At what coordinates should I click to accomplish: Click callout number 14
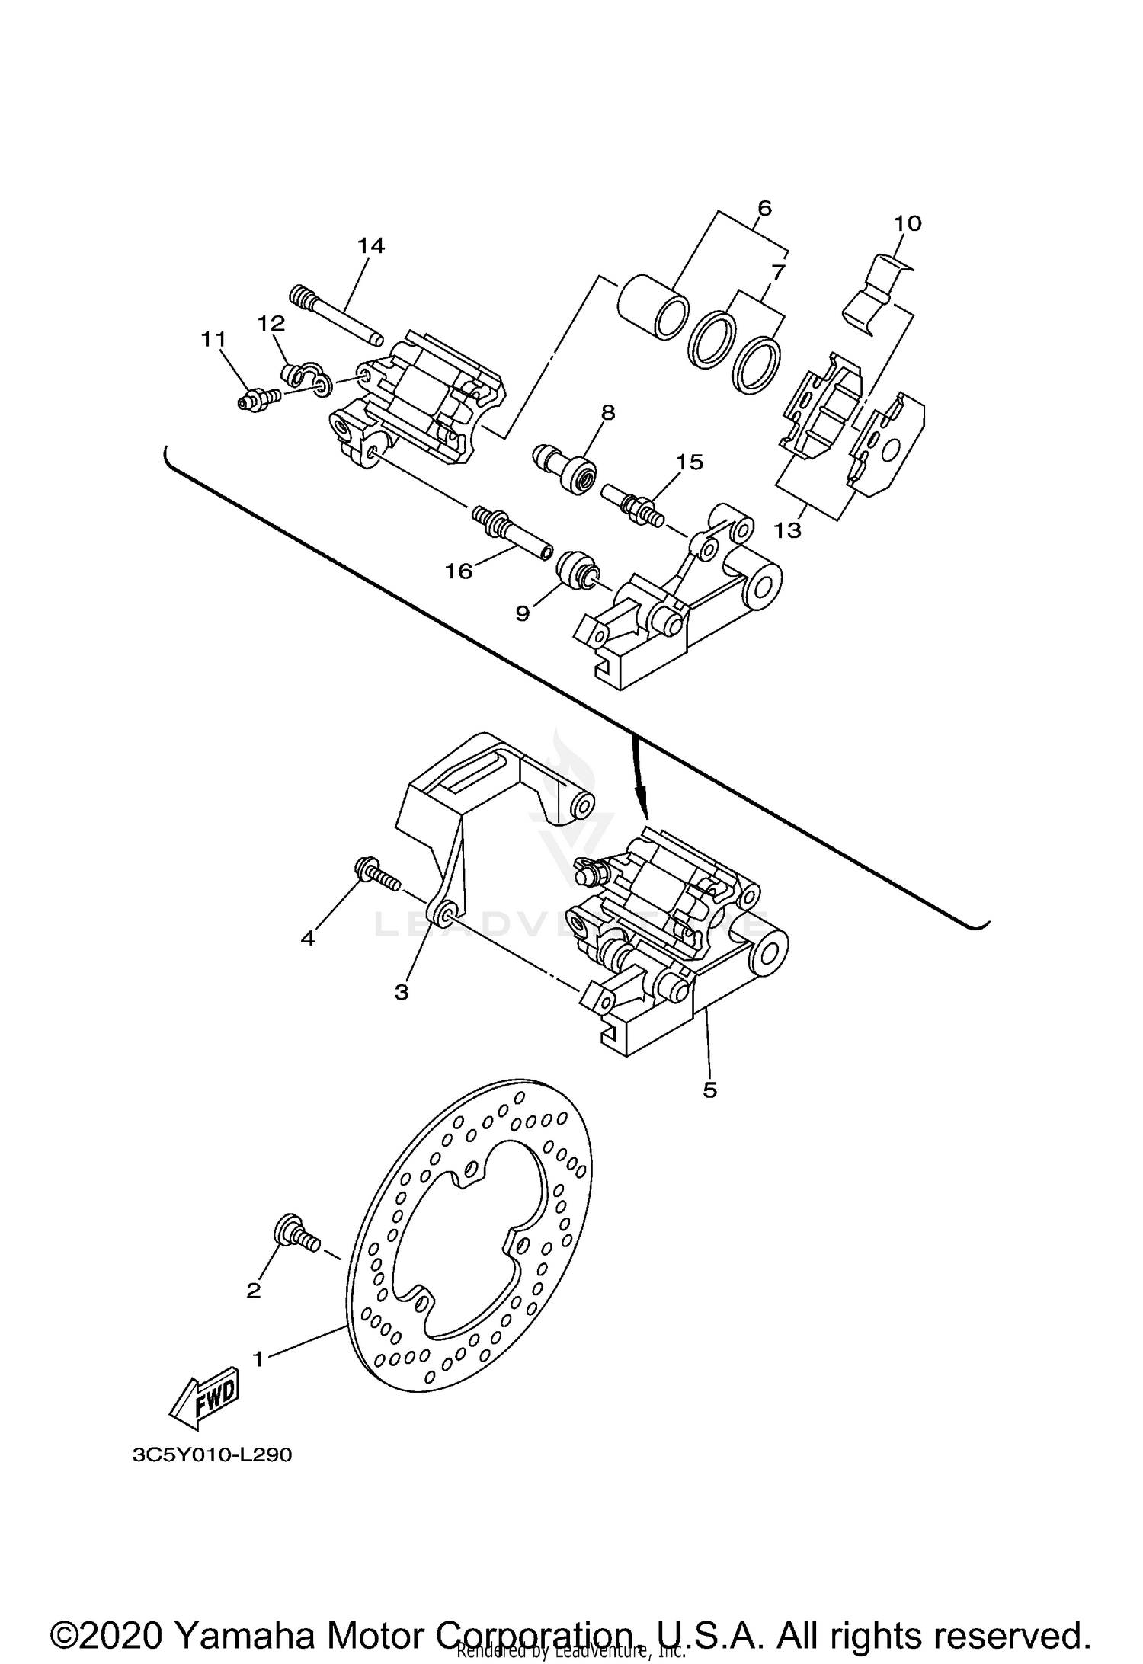(371, 245)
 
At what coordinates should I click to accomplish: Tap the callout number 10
(908, 223)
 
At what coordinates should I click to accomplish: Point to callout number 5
(709, 1090)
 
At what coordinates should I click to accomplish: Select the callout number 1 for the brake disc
(259, 1358)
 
